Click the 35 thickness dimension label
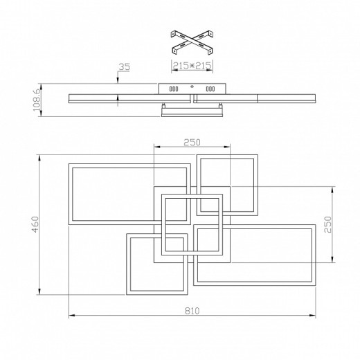(x=124, y=68)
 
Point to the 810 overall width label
(x=192, y=312)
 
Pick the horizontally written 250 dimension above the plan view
(x=192, y=142)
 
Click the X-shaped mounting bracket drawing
(x=191, y=42)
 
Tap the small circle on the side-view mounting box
(x=192, y=87)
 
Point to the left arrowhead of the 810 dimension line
(x=70, y=317)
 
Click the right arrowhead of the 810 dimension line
(x=315, y=317)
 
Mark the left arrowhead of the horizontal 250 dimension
(x=156, y=147)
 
